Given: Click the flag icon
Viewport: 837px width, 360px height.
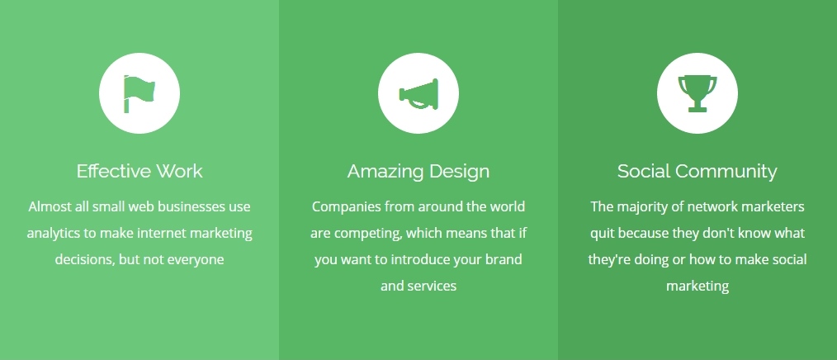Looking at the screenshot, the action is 139,93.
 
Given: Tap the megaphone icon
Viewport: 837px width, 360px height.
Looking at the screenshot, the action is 418,94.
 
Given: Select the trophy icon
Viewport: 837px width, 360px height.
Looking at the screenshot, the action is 697,93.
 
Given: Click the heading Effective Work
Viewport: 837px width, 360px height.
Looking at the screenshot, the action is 139,172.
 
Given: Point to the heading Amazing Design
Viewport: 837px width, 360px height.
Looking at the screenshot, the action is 418,172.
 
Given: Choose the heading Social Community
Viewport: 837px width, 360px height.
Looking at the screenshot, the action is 697,172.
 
